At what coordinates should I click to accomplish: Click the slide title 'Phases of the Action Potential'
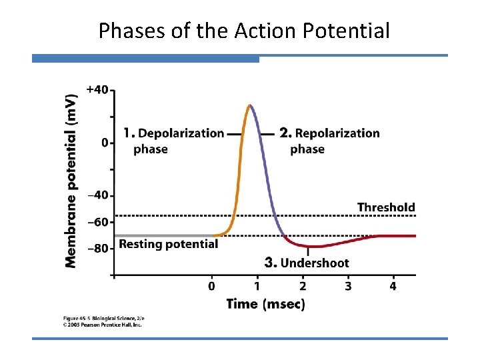(x=244, y=31)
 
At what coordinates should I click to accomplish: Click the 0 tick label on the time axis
(x=212, y=286)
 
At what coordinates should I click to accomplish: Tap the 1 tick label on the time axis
(x=257, y=286)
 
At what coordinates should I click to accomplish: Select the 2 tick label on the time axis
(x=303, y=286)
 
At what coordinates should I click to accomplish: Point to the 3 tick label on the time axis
(x=348, y=286)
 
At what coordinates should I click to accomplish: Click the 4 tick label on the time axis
(x=393, y=286)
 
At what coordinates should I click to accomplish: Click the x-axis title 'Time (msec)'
(x=265, y=304)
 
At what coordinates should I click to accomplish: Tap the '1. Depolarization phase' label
(x=173, y=141)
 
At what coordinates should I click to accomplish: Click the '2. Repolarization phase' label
(x=329, y=141)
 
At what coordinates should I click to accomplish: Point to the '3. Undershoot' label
(x=307, y=263)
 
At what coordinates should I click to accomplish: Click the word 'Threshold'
(x=386, y=207)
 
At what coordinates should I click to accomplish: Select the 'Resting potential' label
(x=168, y=244)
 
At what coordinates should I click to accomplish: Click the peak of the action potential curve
(x=250, y=105)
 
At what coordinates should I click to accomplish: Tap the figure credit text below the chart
(x=103, y=322)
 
